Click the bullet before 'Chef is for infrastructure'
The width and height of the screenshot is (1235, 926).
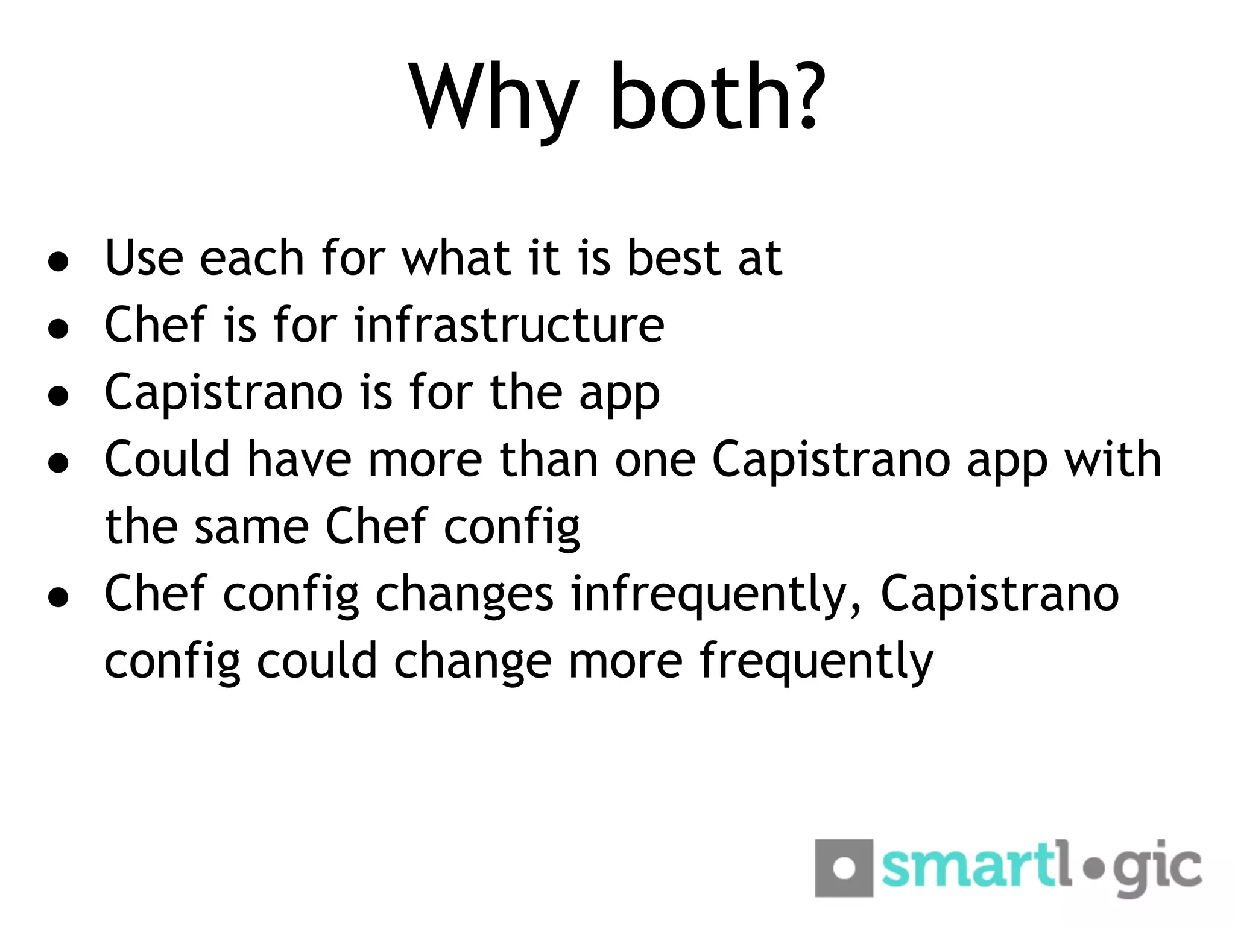point(58,329)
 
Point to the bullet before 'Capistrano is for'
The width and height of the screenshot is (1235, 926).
point(58,396)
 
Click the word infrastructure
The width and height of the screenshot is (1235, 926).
point(509,325)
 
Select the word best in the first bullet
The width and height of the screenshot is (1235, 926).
point(674,258)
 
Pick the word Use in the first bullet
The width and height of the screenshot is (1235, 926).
point(144,258)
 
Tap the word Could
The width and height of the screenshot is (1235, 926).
point(168,459)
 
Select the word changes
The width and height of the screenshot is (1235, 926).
point(464,596)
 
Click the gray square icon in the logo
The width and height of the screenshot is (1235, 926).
point(844,868)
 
